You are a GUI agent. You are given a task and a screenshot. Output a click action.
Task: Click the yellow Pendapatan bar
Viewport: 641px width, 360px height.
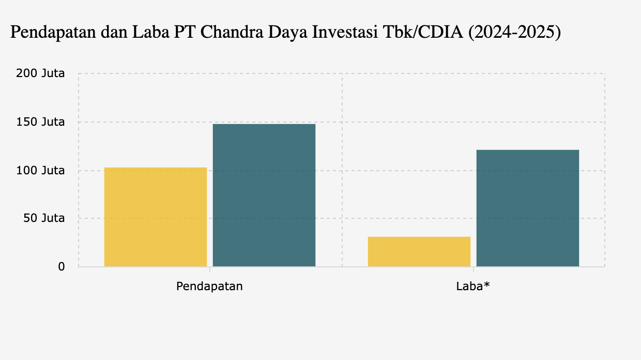point(156,217)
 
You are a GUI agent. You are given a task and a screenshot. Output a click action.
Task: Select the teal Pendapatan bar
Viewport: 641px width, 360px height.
point(264,195)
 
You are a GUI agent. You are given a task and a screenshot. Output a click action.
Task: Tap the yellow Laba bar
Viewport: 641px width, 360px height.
point(419,251)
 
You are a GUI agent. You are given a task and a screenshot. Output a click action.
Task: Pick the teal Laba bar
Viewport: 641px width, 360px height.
point(528,208)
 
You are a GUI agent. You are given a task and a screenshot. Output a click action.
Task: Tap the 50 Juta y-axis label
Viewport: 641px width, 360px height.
point(43,218)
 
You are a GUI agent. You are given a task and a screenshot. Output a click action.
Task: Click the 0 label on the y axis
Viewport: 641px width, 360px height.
point(61,267)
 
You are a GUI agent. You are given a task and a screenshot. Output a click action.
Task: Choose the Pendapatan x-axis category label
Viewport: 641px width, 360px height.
point(209,286)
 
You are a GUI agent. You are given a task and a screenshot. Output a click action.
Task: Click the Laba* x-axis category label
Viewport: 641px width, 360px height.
point(472,286)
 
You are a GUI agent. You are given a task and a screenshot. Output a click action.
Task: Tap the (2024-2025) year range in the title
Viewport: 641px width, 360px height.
point(514,33)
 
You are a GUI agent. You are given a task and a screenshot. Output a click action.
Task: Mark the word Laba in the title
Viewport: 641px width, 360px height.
point(148,33)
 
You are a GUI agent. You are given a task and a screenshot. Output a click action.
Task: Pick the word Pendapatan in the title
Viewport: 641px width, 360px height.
point(49,33)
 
